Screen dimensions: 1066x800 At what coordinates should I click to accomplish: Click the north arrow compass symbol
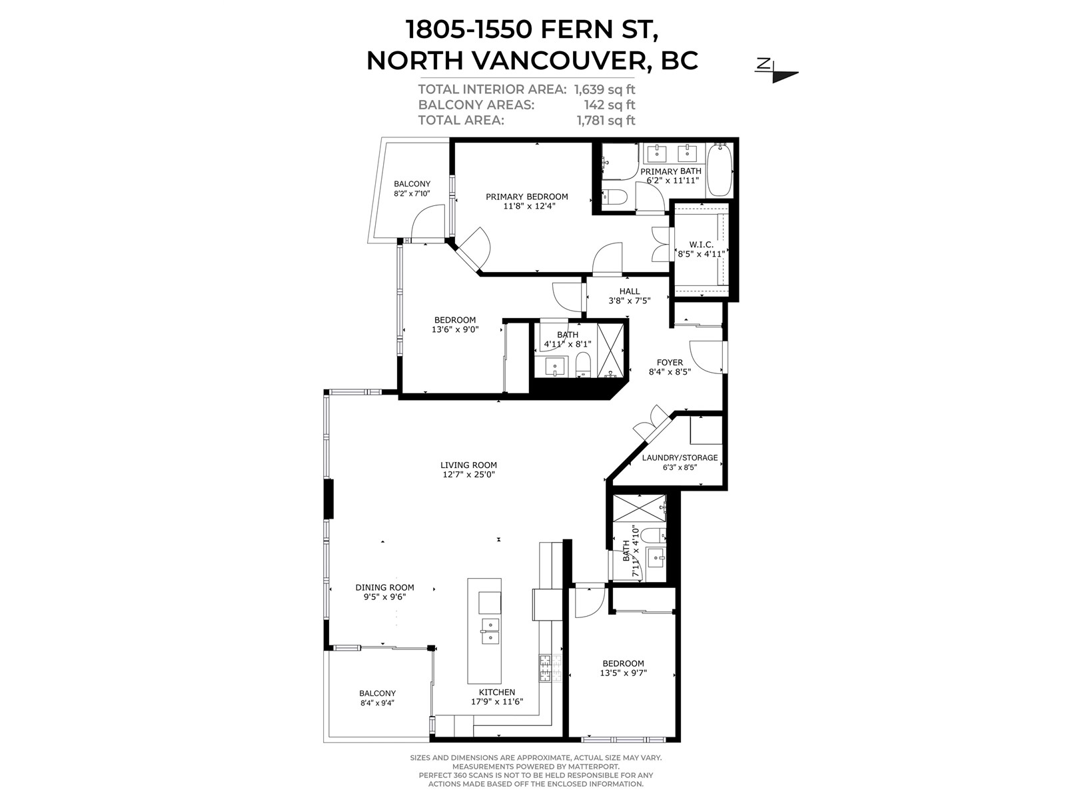[776, 70]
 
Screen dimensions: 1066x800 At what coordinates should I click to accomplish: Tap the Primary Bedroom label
[527, 197]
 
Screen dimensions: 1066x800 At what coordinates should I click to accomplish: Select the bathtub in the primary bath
[720, 170]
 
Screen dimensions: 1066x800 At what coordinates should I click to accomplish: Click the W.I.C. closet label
[702, 245]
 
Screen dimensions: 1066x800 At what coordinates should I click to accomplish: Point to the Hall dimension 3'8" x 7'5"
[630, 301]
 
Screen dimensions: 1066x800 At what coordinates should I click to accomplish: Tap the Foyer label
[670, 363]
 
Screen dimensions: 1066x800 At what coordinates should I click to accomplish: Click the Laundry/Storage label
[680, 457]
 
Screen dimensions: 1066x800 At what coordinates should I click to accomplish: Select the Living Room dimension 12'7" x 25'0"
[468, 475]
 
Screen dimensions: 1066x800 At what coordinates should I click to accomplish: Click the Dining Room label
[384, 587]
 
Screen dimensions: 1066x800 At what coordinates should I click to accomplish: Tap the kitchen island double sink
[484, 631]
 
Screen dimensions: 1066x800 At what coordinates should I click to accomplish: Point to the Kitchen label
[497, 692]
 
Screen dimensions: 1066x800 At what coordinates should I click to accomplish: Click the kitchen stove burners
[550, 668]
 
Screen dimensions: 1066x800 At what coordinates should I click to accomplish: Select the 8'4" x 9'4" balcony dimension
[377, 703]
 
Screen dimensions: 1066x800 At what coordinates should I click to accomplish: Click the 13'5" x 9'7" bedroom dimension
[624, 673]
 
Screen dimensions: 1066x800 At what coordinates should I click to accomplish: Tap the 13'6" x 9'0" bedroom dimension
[455, 330]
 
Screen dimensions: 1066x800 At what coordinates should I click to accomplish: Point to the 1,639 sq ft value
[605, 90]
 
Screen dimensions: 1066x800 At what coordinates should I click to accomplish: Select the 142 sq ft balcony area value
[610, 105]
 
